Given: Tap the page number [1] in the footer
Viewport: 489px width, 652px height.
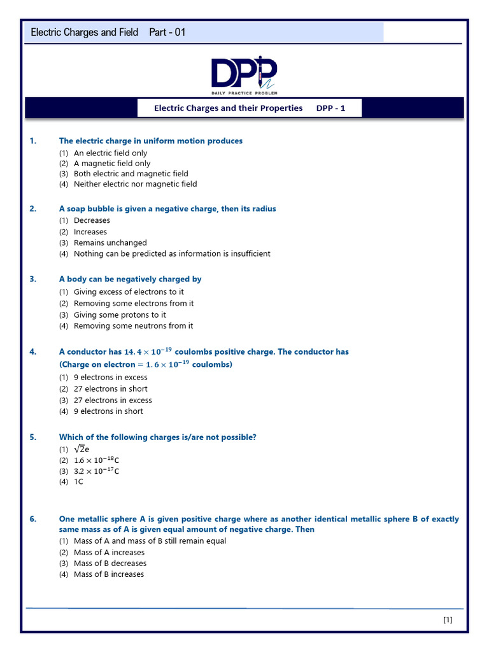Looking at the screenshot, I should point(447,620).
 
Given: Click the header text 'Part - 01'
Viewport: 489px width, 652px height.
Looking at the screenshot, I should point(167,32).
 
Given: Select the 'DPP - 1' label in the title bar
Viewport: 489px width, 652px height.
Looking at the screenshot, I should point(330,108).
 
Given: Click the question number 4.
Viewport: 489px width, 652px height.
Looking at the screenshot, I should point(33,351).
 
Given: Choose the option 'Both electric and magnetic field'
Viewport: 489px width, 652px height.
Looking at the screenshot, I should point(131,174).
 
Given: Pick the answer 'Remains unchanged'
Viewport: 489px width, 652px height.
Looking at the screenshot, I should point(110,243).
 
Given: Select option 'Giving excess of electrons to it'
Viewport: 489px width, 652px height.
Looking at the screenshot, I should point(129,292).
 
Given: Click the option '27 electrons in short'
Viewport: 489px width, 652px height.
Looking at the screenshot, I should point(110,389).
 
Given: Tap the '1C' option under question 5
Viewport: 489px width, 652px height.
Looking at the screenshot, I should point(78,482).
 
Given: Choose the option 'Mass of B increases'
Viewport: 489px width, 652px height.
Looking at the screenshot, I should point(109,574).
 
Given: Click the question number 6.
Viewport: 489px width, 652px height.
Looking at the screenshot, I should point(33,519).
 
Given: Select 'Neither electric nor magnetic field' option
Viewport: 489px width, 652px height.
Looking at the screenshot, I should point(135,184).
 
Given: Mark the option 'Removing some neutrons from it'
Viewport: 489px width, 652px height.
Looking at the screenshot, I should point(133,326).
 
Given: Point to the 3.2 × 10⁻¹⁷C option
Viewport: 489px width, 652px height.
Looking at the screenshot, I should point(96,471).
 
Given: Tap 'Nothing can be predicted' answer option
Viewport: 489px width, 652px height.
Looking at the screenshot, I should point(172,253).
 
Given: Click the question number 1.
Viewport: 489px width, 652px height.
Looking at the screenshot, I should point(33,141).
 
